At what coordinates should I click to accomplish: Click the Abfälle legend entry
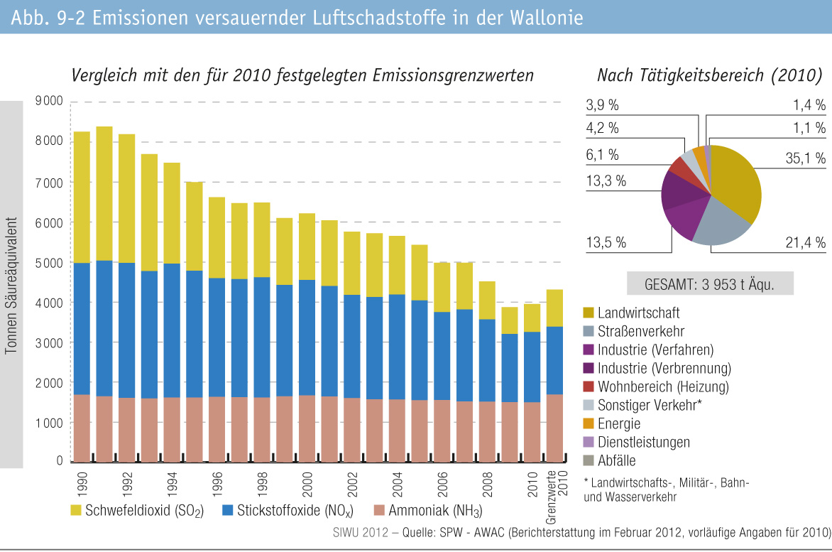pyautogui.click(x=617, y=460)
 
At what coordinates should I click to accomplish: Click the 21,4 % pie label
pyautogui.click(x=805, y=243)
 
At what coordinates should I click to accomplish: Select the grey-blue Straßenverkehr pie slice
pyautogui.click(x=718, y=227)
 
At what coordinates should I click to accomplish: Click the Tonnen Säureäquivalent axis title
pyautogui.click(x=11, y=284)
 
